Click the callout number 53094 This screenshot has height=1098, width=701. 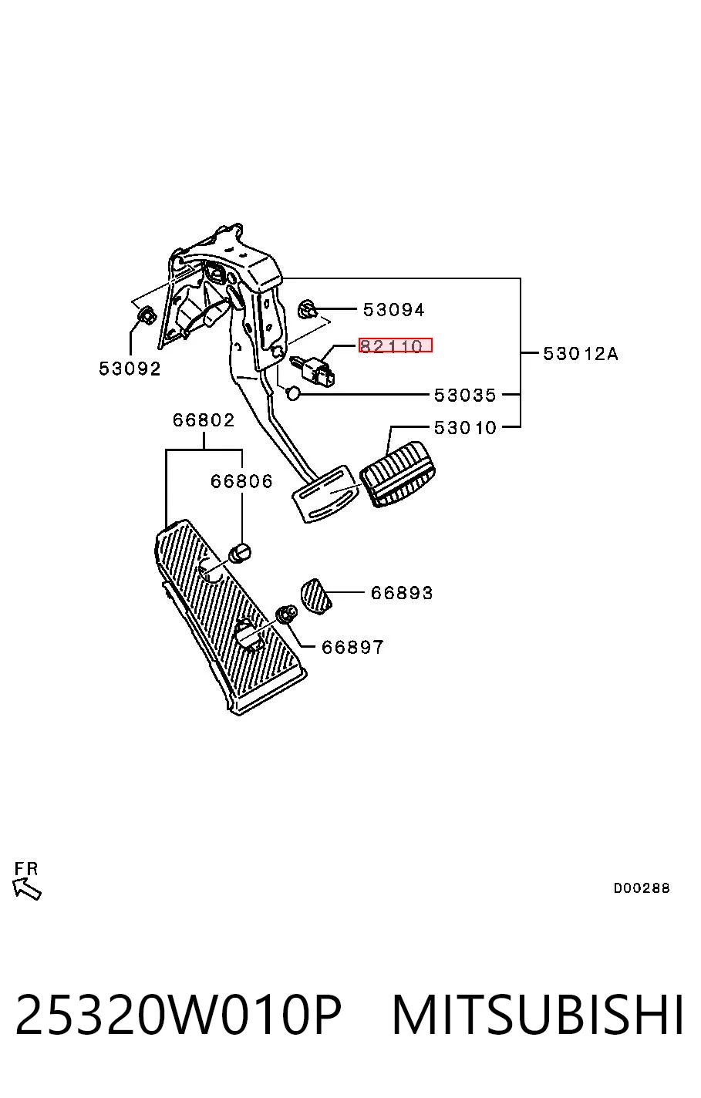click(393, 310)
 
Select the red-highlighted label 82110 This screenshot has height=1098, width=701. click(395, 345)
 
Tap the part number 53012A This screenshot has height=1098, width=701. click(581, 353)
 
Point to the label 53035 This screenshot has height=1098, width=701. click(465, 395)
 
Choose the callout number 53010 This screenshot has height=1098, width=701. click(465, 427)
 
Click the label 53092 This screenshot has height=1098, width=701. click(130, 368)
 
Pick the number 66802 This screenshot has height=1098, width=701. click(204, 419)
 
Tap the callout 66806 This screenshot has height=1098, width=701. click(241, 481)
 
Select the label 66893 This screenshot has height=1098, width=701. click(402, 593)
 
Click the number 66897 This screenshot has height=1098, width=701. click(352, 647)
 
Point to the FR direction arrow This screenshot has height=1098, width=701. click(26, 888)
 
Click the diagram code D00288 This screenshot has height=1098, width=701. click(642, 887)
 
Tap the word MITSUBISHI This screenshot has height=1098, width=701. click(538, 1014)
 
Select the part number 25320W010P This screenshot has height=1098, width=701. click(178, 1014)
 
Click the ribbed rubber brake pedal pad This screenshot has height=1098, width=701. click(398, 474)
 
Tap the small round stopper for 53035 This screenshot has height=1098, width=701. click(292, 392)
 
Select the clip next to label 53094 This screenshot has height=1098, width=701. click(307, 308)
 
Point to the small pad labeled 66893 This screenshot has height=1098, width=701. click(315, 596)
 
